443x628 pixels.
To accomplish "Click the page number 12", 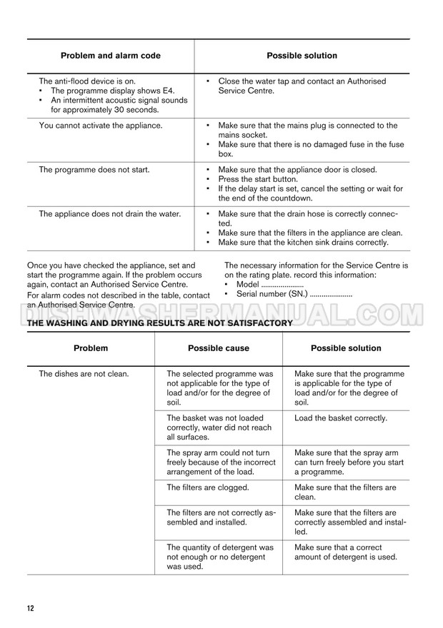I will pyautogui.click(x=30, y=608).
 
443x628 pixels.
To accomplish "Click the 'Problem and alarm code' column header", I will pyautogui.click(x=110, y=56).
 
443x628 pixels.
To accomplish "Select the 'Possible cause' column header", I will pyautogui.click(x=218, y=348).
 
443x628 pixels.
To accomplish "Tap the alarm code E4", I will pyautogui.click(x=166, y=91).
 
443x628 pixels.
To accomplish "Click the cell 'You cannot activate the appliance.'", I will pyautogui.click(x=100, y=126).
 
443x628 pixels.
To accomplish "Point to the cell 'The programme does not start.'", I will pyautogui.click(x=93, y=170).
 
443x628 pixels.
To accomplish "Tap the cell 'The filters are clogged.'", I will pyautogui.click(x=207, y=487).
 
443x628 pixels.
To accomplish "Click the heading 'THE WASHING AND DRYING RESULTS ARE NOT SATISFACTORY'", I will pyautogui.click(x=159, y=323).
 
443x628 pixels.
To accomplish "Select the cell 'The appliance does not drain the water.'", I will pyautogui.click(x=109, y=213).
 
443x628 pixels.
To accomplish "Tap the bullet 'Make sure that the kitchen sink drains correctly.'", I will pyautogui.click(x=303, y=242).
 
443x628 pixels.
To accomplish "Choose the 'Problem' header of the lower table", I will pyautogui.click(x=91, y=348).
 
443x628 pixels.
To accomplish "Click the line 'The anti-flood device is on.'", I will pyautogui.click(x=86, y=81).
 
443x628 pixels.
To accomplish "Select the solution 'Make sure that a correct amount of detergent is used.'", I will pyautogui.click(x=346, y=552).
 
